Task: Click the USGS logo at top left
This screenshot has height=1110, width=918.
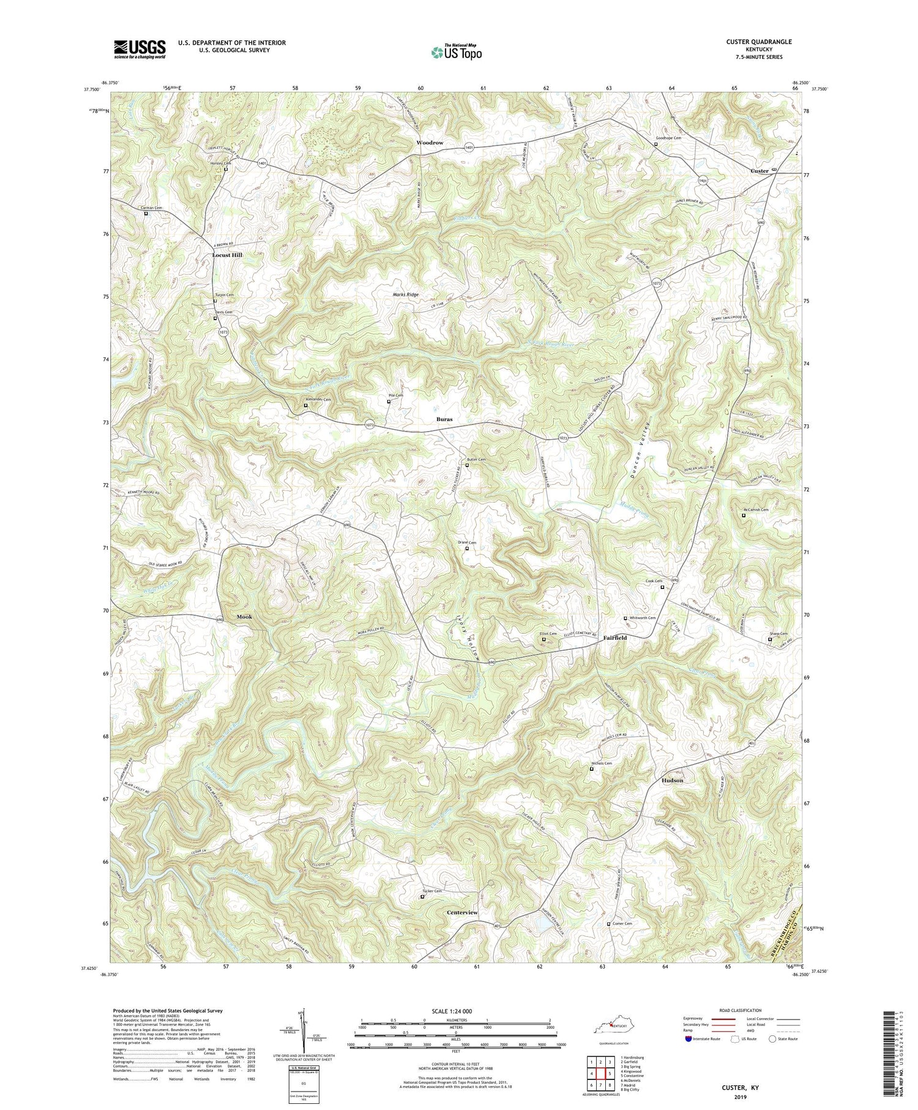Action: click(140, 49)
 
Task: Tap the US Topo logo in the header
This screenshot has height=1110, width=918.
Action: click(456, 52)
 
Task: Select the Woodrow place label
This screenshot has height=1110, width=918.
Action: click(429, 143)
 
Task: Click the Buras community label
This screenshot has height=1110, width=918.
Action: click(444, 419)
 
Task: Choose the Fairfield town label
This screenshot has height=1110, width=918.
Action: click(615, 637)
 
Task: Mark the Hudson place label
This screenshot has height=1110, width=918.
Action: click(672, 781)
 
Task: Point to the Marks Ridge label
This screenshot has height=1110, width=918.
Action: click(406, 294)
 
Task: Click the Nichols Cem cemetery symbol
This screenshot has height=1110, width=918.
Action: click(592, 770)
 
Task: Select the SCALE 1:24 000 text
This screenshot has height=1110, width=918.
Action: click(456, 1011)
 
